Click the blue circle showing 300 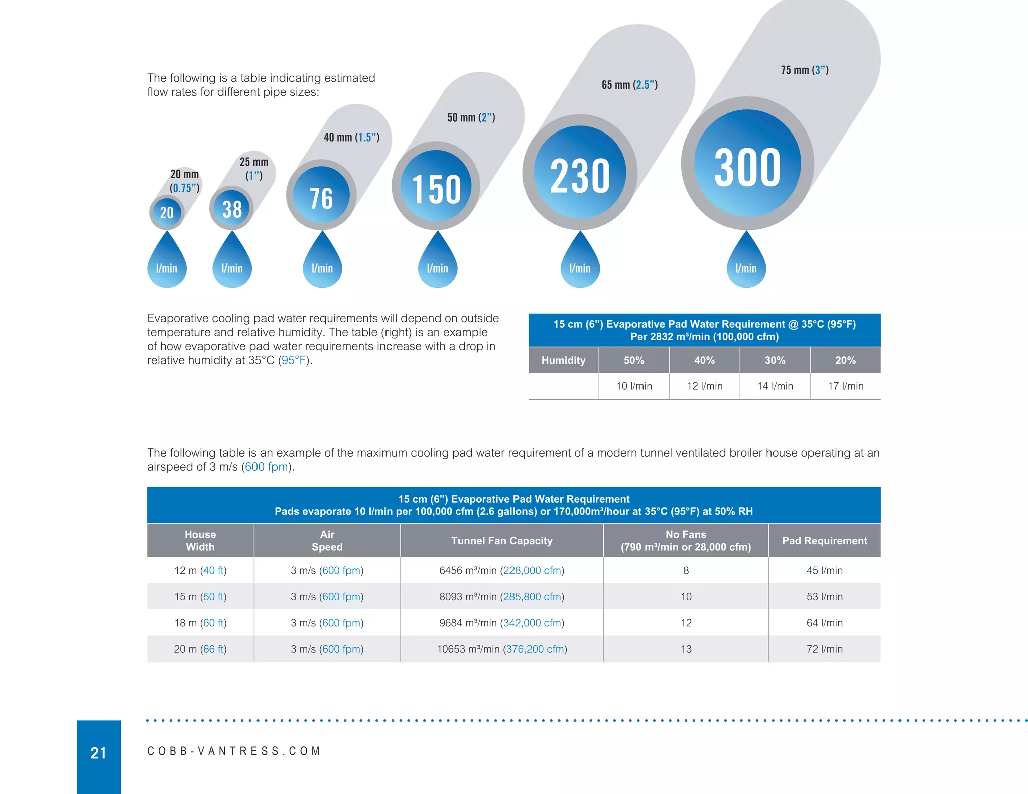[x=747, y=164]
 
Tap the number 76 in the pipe [x=321, y=198]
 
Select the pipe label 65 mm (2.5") [x=629, y=85]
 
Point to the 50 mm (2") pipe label [x=471, y=117]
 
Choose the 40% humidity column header [x=704, y=360]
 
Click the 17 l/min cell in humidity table [x=846, y=386]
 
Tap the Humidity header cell [x=563, y=360]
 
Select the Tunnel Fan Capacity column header [x=501, y=541]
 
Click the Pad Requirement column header [x=825, y=541]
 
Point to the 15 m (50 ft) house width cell [x=200, y=597]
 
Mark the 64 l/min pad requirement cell [x=825, y=623]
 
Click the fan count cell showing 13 [x=686, y=649]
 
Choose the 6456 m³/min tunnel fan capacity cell [x=501, y=570]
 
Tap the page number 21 [x=98, y=753]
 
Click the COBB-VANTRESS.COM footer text [x=233, y=751]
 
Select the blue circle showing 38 [x=232, y=208]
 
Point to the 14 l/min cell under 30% [x=775, y=386]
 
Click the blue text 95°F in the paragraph [x=294, y=360]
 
